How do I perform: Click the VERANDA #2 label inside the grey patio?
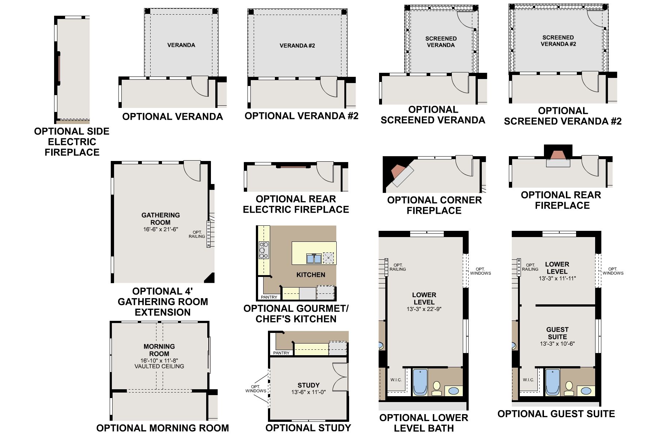297,46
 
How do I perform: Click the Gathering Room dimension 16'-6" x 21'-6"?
160,230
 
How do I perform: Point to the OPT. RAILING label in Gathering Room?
197,234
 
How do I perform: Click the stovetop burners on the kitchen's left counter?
264,250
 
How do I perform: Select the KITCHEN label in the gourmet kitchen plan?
311,275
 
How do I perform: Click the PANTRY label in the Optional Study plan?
281,353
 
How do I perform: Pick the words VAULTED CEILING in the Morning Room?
159,366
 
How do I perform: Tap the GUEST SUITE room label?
557,333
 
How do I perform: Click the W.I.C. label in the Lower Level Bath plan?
396,380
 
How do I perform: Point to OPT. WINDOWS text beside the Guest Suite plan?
613,271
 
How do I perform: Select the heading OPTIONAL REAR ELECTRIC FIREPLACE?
296,204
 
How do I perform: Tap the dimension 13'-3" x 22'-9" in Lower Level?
424,309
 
